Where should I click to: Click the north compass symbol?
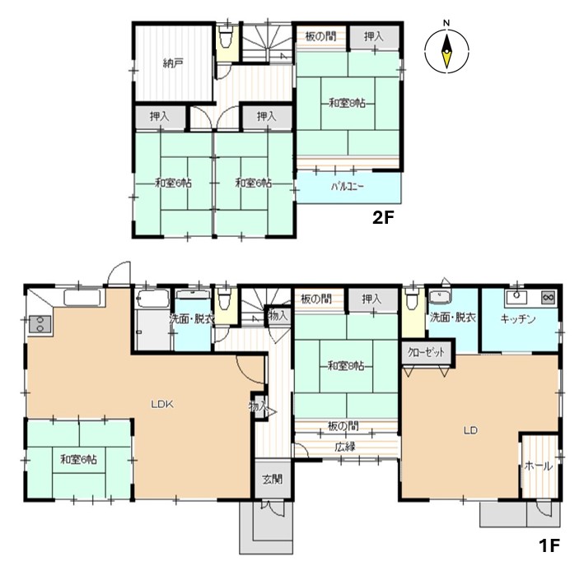(446, 51)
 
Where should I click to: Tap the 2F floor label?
(383, 217)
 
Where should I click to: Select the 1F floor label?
(549, 546)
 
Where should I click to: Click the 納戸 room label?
(173, 63)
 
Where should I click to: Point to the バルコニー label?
(348, 186)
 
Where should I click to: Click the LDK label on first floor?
(162, 404)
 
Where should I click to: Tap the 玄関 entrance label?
(273, 479)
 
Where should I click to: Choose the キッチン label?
(518, 318)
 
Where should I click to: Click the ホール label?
(539, 466)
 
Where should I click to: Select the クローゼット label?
(426, 352)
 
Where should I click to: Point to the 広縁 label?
(344, 447)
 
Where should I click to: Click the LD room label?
(470, 430)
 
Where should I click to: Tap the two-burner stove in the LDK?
(40, 323)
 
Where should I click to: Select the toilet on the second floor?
(226, 39)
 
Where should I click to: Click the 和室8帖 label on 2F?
(347, 103)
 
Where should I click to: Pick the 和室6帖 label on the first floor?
(78, 459)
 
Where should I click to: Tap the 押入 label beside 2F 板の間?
(373, 36)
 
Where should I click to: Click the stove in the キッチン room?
(549, 297)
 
